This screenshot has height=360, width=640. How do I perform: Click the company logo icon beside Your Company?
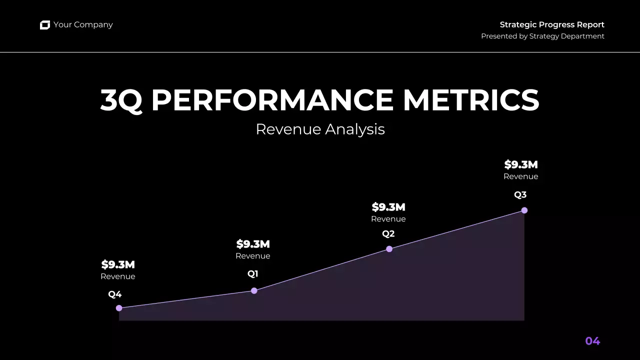click(45, 25)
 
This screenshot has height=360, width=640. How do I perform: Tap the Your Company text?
click(83, 25)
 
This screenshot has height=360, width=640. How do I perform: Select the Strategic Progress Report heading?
click(552, 24)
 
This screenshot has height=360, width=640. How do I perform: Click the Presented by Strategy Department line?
click(542, 36)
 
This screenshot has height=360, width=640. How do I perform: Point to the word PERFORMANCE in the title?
click(272, 100)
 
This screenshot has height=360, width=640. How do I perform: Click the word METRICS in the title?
click(471, 100)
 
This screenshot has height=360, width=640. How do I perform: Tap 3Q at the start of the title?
click(121, 100)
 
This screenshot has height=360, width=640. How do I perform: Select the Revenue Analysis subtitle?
click(320, 129)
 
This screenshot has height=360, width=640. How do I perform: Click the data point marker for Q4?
click(119, 308)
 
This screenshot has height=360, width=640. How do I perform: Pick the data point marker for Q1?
click(254, 290)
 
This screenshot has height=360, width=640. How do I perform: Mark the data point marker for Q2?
click(389, 249)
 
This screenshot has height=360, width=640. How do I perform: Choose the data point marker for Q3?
click(524, 210)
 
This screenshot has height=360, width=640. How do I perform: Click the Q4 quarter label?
click(115, 294)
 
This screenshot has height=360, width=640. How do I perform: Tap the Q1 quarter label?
click(253, 274)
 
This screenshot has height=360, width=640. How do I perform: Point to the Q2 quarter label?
click(388, 233)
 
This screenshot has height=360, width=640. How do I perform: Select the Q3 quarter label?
click(520, 195)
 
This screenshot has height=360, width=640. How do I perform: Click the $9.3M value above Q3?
click(521, 164)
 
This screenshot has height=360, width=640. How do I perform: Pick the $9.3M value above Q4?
click(118, 264)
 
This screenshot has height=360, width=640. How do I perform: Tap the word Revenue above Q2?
click(388, 219)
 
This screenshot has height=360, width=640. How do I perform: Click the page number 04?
click(592, 341)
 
